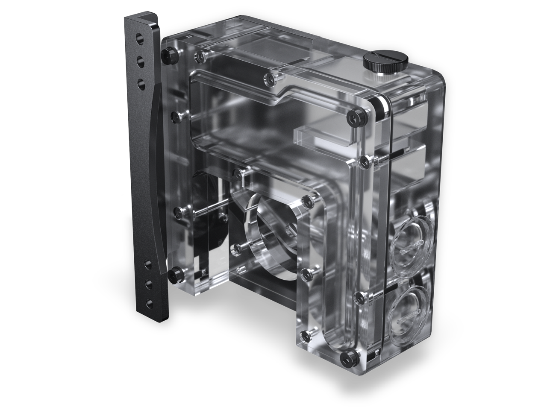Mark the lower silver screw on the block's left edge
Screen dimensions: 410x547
(x=179, y=210)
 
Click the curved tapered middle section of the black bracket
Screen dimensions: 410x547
(x=154, y=171)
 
